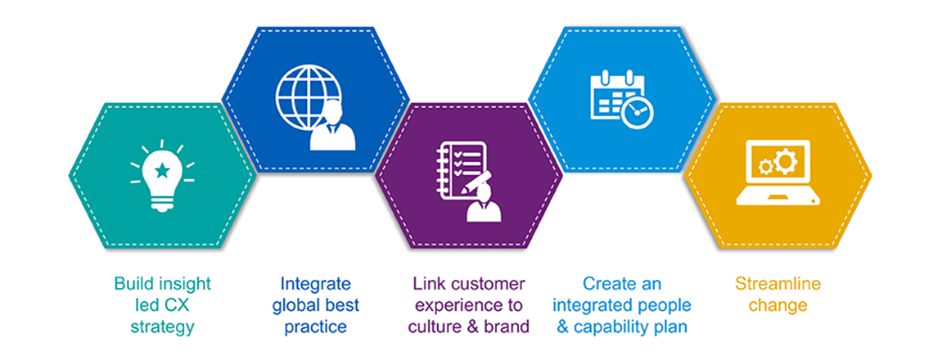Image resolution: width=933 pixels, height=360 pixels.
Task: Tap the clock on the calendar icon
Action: [x=637, y=112]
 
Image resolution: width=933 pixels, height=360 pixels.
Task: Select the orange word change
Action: [x=777, y=306]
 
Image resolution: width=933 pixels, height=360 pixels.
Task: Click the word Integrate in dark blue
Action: [x=316, y=285]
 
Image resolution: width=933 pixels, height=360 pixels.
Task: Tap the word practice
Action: [x=316, y=327]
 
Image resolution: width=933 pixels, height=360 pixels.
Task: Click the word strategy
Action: [x=162, y=327]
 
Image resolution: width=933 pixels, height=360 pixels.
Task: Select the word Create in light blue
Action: [x=610, y=285]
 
